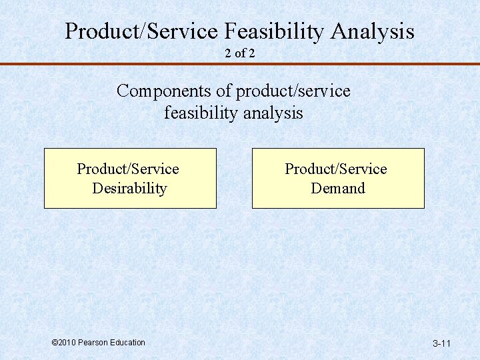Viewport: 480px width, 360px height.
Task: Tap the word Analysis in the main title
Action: tap(373, 31)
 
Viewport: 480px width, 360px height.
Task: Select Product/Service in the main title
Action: tap(141, 31)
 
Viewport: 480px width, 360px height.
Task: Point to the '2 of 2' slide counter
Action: tap(240, 53)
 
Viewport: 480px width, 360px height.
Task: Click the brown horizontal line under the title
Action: tap(240, 64)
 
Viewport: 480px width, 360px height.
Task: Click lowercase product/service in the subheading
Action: tap(293, 91)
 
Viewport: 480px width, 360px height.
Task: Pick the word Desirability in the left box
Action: tap(129, 189)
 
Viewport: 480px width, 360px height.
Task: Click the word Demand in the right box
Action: tap(338, 189)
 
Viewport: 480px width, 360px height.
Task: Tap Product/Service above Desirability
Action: tap(128, 169)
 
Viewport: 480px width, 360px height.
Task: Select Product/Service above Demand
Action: tap(336, 169)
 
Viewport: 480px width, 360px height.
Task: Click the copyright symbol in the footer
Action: tap(55, 343)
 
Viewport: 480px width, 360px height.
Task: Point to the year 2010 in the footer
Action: tap(67, 343)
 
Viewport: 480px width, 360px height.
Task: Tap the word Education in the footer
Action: tap(126, 343)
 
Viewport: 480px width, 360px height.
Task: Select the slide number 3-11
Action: tap(441, 344)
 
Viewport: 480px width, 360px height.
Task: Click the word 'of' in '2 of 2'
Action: tap(240, 53)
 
